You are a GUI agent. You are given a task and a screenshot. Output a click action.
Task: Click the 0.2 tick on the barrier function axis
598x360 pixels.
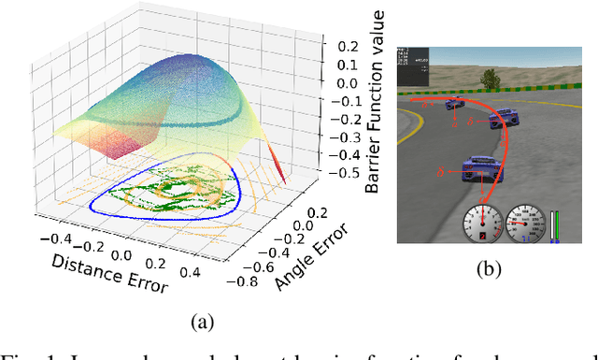[x=349, y=45]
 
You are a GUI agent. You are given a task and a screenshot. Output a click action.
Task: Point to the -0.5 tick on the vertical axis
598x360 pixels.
[x=349, y=173]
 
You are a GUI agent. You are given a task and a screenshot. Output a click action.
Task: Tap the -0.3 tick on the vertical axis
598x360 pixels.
[x=349, y=137]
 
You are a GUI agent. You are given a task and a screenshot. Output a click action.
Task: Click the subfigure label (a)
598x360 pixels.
[x=202, y=324]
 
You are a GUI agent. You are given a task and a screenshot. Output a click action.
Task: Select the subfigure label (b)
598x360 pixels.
[x=489, y=270]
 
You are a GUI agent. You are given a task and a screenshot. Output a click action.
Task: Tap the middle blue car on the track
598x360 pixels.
[x=503, y=118]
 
